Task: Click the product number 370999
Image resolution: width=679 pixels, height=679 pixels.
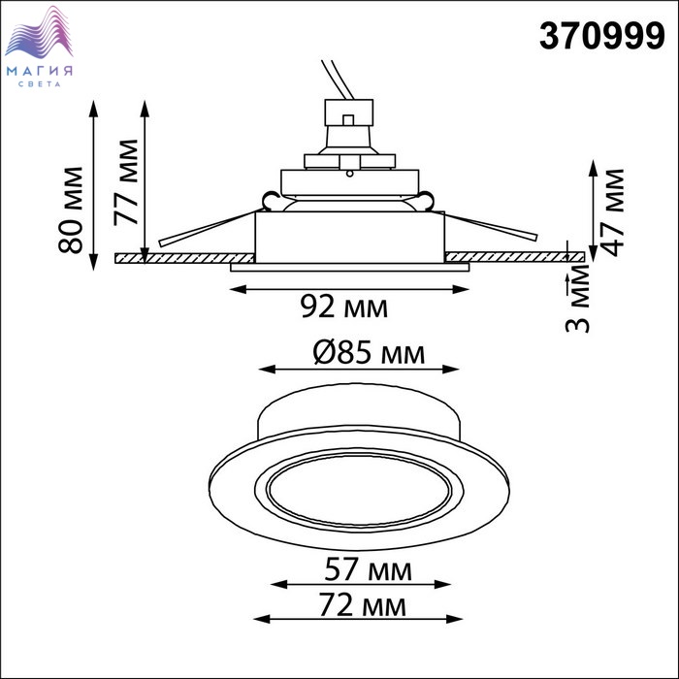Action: pyautogui.click(x=601, y=37)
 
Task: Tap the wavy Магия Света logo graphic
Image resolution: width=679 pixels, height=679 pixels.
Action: pyautogui.click(x=39, y=32)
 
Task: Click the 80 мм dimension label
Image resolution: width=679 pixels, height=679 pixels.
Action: pyautogui.click(x=70, y=210)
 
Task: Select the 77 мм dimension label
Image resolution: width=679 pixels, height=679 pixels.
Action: pyautogui.click(x=125, y=182)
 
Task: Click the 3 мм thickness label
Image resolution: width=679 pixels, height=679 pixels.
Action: pyautogui.click(x=578, y=299)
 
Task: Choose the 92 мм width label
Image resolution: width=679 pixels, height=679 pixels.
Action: pyautogui.click(x=344, y=307)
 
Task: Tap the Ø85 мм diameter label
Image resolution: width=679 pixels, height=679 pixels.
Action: pyautogui.click(x=369, y=353)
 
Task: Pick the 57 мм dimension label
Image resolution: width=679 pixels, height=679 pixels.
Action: pyautogui.click(x=368, y=569)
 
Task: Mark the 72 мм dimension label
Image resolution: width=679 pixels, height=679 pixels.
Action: pyautogui.click(x=363, y=605)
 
